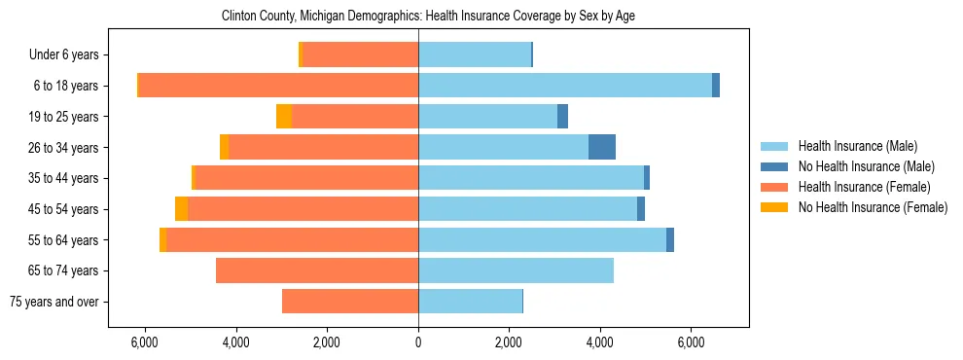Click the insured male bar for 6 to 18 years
tap(565, 86)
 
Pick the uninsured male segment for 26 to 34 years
tap(602, 147)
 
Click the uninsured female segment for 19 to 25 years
tap(284, 117)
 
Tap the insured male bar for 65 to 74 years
tap(516, 270)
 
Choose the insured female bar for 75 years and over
tap(350, 302)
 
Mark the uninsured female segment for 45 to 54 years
tap(182, 209)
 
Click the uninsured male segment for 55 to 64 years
tap(670, 240)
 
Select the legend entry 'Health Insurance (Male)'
tap(858, 146)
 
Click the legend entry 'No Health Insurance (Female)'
tap(873, 207)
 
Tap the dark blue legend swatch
tap(774, 166)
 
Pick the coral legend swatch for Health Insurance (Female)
tap(774, 187)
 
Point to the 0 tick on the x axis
tap(418, 343)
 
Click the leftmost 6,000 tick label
tap(143, 343)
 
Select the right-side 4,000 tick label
tap(599, 343)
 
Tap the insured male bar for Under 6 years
tap(475, 55)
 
